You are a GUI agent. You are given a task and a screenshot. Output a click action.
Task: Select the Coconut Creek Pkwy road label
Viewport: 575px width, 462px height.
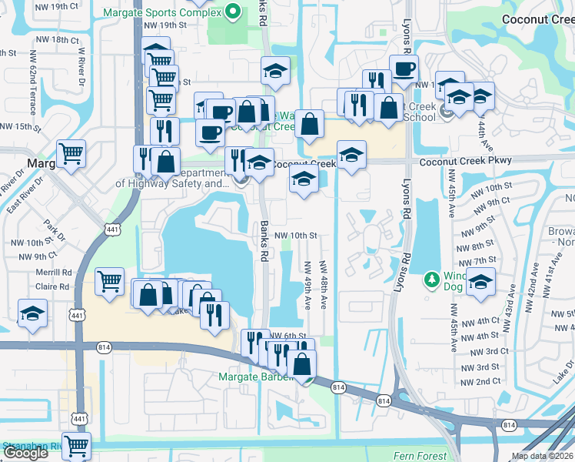[457, 163]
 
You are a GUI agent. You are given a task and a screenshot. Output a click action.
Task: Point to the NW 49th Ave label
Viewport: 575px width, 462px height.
[307, 286]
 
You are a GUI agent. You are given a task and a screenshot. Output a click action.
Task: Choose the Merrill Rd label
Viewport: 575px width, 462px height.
[54, 272]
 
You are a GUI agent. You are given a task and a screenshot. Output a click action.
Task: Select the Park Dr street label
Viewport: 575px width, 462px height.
[53, 229]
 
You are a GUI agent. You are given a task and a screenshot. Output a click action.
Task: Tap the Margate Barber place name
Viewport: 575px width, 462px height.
[257, 377]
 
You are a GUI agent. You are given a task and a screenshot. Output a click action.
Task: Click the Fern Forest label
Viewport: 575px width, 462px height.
[420, 456]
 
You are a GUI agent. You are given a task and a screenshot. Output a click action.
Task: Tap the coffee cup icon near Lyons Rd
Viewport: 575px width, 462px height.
[404, 69]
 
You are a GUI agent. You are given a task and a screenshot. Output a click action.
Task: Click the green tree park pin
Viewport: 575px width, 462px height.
[431, 278]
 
